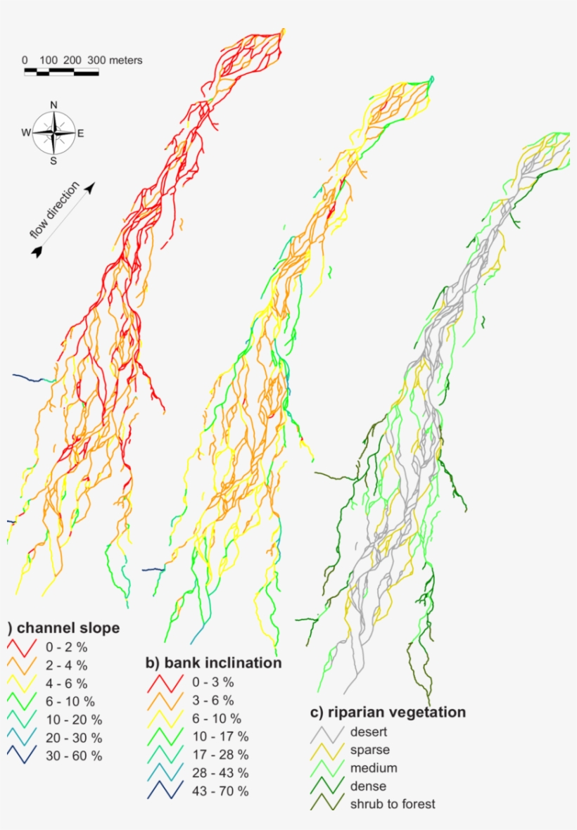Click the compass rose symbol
53,132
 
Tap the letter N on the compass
53,106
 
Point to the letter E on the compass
81,133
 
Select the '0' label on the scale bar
25,60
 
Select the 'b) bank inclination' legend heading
213,663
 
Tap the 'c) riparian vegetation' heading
388,712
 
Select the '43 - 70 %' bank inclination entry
220,791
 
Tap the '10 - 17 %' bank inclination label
220,736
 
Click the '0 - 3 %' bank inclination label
213,682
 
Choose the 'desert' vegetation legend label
369,732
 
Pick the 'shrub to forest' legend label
392,804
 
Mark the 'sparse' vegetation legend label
369,750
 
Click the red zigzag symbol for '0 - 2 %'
23,647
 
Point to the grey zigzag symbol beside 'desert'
326,734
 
